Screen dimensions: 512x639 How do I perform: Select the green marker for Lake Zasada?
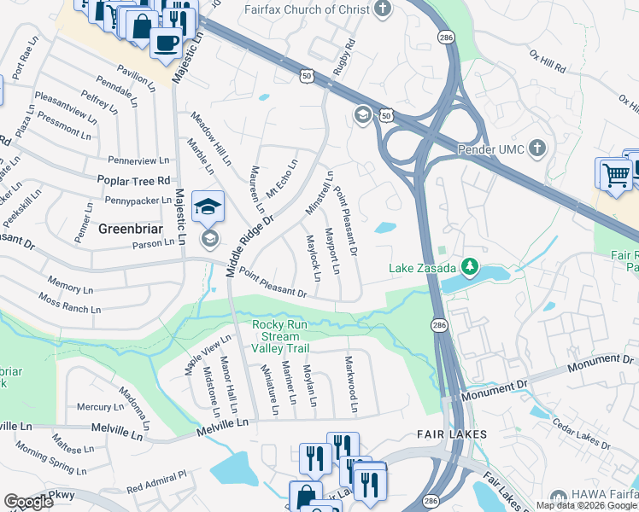coord(468,267)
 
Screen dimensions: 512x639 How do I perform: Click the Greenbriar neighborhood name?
coord(131,229)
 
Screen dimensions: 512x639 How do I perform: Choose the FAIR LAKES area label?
coord(452,434)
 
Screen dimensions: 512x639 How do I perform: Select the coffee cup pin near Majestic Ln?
coord(166,42)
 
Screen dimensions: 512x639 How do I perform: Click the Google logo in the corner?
coord(29,502)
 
